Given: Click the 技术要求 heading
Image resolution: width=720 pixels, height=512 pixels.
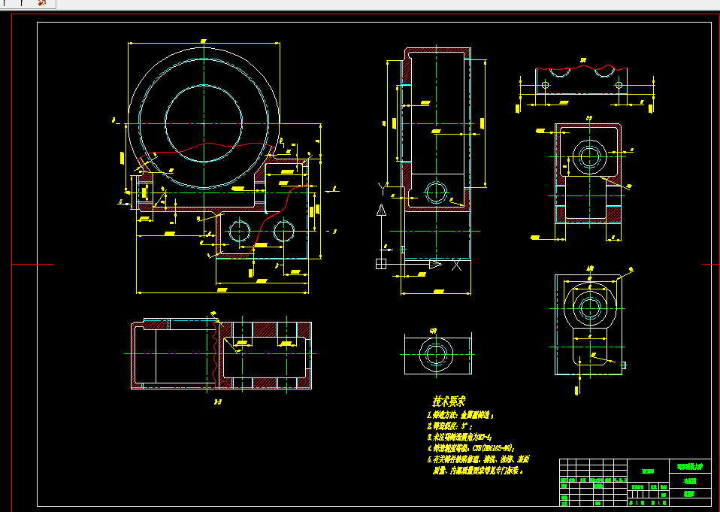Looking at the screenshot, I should coord(449,401).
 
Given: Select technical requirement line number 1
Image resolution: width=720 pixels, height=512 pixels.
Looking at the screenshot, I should coord(460,414).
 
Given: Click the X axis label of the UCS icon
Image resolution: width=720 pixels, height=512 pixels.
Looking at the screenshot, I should coord(455,264).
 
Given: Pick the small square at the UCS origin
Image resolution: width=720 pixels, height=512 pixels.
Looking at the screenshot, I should coord(381,264).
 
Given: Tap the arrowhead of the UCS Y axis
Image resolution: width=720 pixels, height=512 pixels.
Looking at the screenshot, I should coord(381,211).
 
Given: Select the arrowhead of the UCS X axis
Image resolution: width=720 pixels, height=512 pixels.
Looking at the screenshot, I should coord(435,264).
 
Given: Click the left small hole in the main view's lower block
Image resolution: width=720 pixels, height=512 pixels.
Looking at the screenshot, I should coord(240,231).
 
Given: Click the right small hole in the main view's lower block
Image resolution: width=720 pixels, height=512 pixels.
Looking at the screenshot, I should coord(283,231).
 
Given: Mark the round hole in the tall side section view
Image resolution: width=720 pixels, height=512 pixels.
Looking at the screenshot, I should coord(435,192).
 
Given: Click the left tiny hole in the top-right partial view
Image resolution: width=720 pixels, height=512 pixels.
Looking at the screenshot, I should coord(545,85).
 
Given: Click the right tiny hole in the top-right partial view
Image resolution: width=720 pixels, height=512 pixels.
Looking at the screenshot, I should coord(619,85).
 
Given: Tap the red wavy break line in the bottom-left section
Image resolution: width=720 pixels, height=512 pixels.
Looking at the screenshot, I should coord(218,353).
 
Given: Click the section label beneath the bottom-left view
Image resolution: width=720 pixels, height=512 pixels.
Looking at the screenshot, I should coord(218,402).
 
